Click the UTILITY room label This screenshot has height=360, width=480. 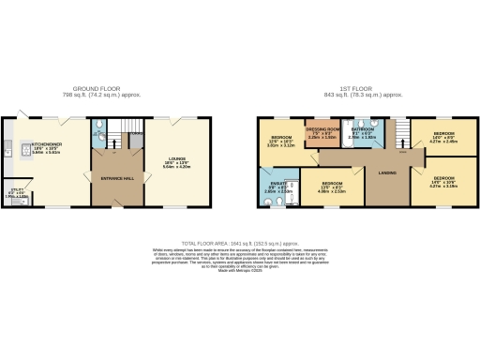pos(16,190)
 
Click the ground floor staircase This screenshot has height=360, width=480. pos(127,131)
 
